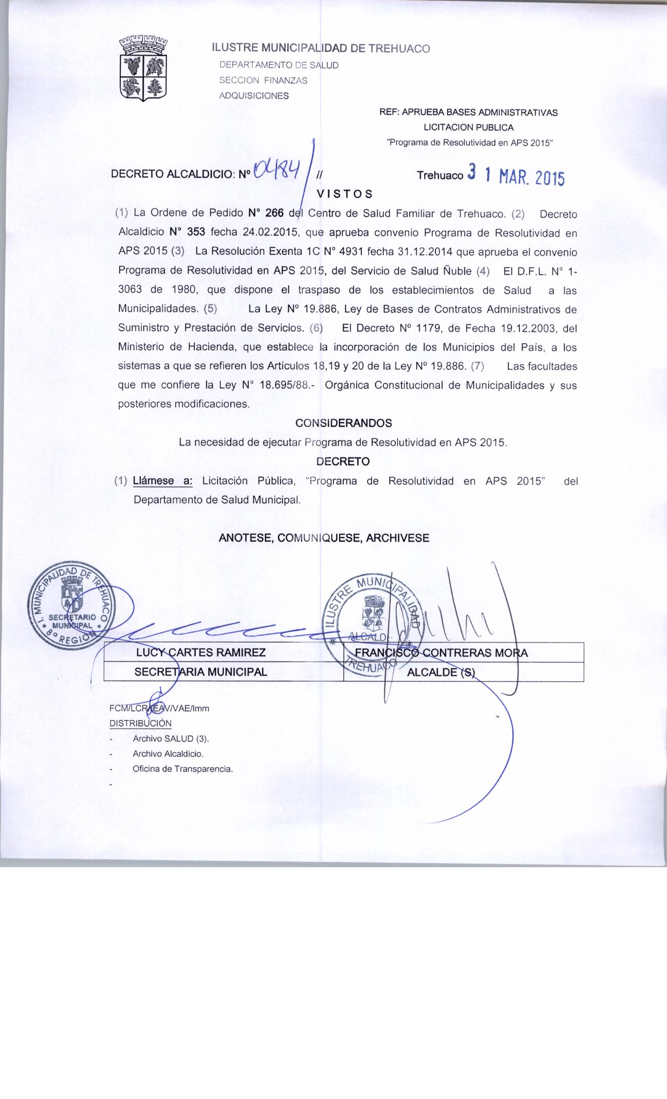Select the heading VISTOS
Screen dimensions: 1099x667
(x=345, y=194)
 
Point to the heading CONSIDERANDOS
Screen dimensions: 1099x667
(x=344, y=422)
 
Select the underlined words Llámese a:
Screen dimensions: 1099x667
(x=163, y=480)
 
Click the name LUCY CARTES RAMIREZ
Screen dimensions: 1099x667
(x=201, y=653)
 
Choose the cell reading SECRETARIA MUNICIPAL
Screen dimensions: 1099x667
(x=201, y=672)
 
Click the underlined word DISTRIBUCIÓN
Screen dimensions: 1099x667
(x=140, y=723)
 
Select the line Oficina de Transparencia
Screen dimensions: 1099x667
(x=182, y=769)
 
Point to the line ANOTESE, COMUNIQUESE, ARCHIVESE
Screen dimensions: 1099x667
(x=324, y=538)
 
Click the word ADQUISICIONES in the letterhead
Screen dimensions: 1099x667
(x=254, y=96)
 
